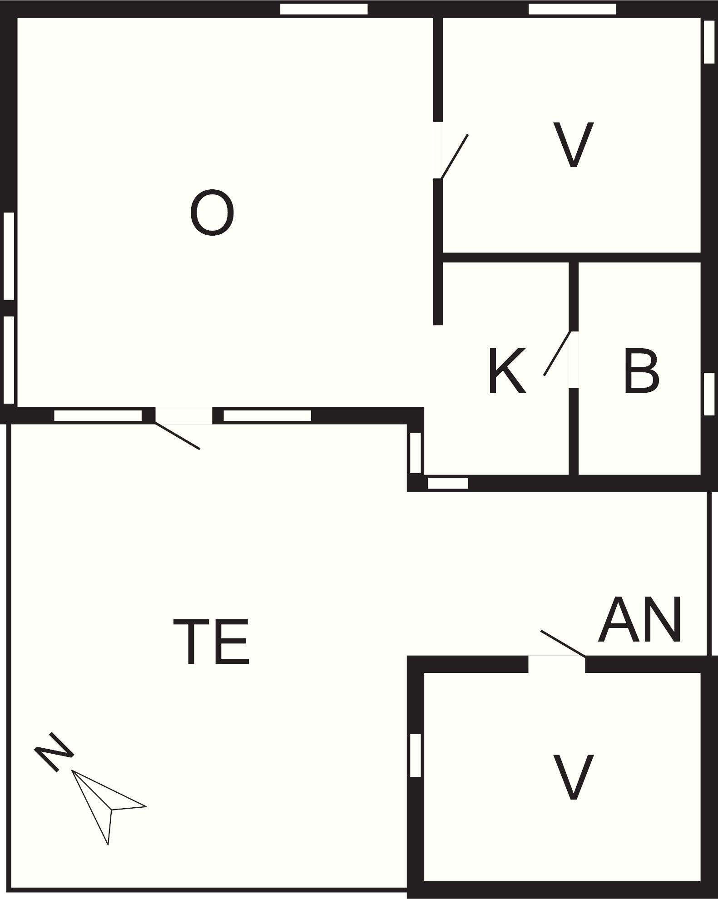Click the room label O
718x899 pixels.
click(x=212, y=213)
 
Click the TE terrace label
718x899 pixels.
click(x=212, y=642)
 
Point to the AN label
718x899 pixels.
click(x=640, y=621)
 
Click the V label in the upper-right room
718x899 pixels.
click(x=573, y=145)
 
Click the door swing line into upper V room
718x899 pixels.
click(x=454, y=156)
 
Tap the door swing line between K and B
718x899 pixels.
click(x=557, y=353)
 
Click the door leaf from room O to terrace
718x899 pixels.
click(x=178, y=436)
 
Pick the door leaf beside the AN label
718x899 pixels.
click(x=563, y=643)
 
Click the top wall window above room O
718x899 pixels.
click(x=323, y=9)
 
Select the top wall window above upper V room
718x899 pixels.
click(x=572, y=9)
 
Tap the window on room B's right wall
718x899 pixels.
click(x=709, y=394)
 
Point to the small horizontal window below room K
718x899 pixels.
click(x=448, y=484)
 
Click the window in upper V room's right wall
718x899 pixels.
click(x=709, y=42)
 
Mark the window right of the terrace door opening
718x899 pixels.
click(x=267, y=415)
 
